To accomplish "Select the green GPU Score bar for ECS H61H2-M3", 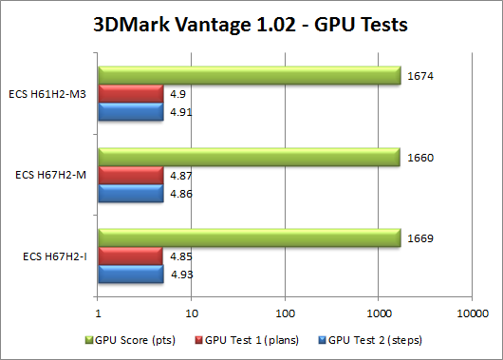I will point(249,75).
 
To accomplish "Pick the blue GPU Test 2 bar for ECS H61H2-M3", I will point(130,111).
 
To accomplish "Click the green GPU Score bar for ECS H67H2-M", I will point(249,158).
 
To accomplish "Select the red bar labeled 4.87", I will point(130,176).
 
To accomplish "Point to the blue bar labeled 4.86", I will point(130,194).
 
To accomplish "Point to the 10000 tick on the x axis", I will point(472,311).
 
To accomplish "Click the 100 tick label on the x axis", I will point(285,311).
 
